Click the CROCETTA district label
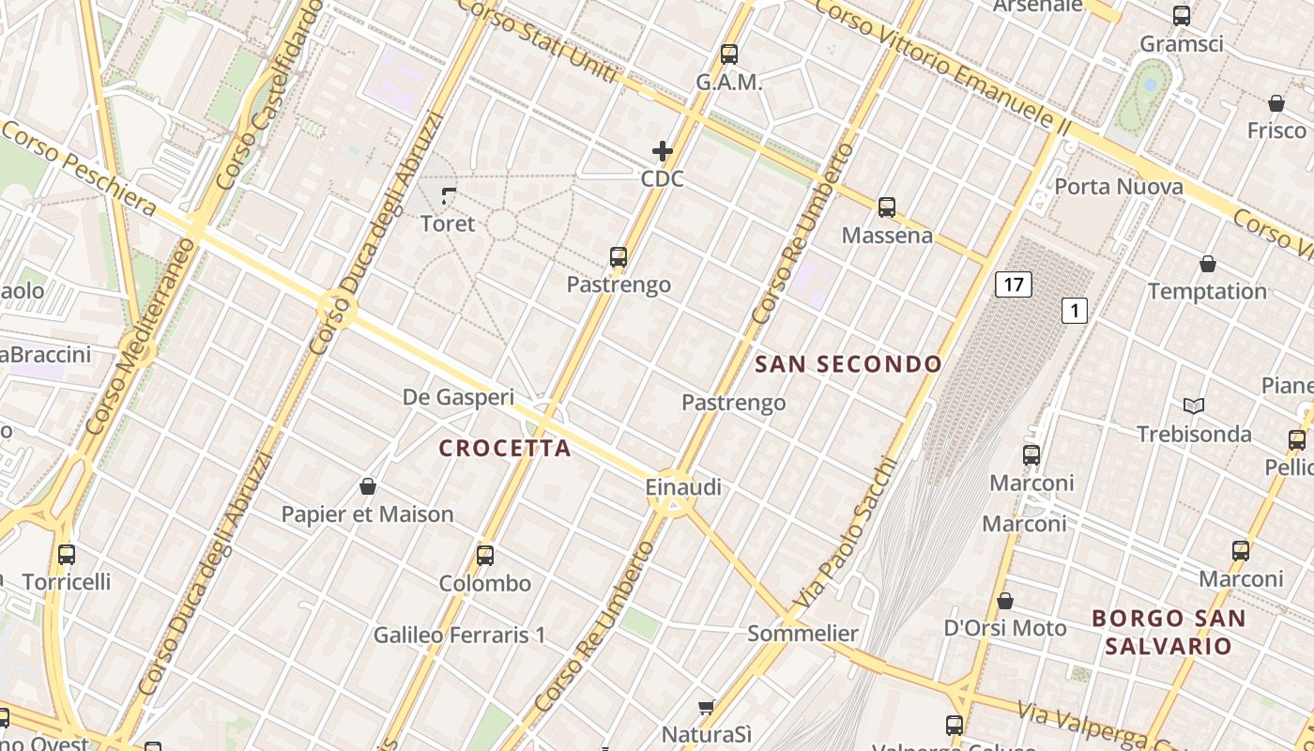(x=505, y=448)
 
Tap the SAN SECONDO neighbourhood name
(x=848, y=364)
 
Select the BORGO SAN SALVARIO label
(x=1169, y=632)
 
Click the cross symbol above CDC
(x=663, y=151)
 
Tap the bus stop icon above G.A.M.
(x=729, y=54)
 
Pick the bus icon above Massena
(x=887, y=207)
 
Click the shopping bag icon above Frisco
(x=1276, y=102)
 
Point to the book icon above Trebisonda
(x=1194, y=406)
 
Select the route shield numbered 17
(x=1014, y=284)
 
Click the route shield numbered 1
(x=1075, y=311)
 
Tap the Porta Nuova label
(x=1119, y=187)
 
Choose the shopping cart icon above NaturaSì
(x=707, y=706)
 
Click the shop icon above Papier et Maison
(x=368, y=486)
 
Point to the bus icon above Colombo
(x=485, y=555)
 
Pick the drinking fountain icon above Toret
(x=449, y=196)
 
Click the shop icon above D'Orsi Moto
(x=1005, y=601)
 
